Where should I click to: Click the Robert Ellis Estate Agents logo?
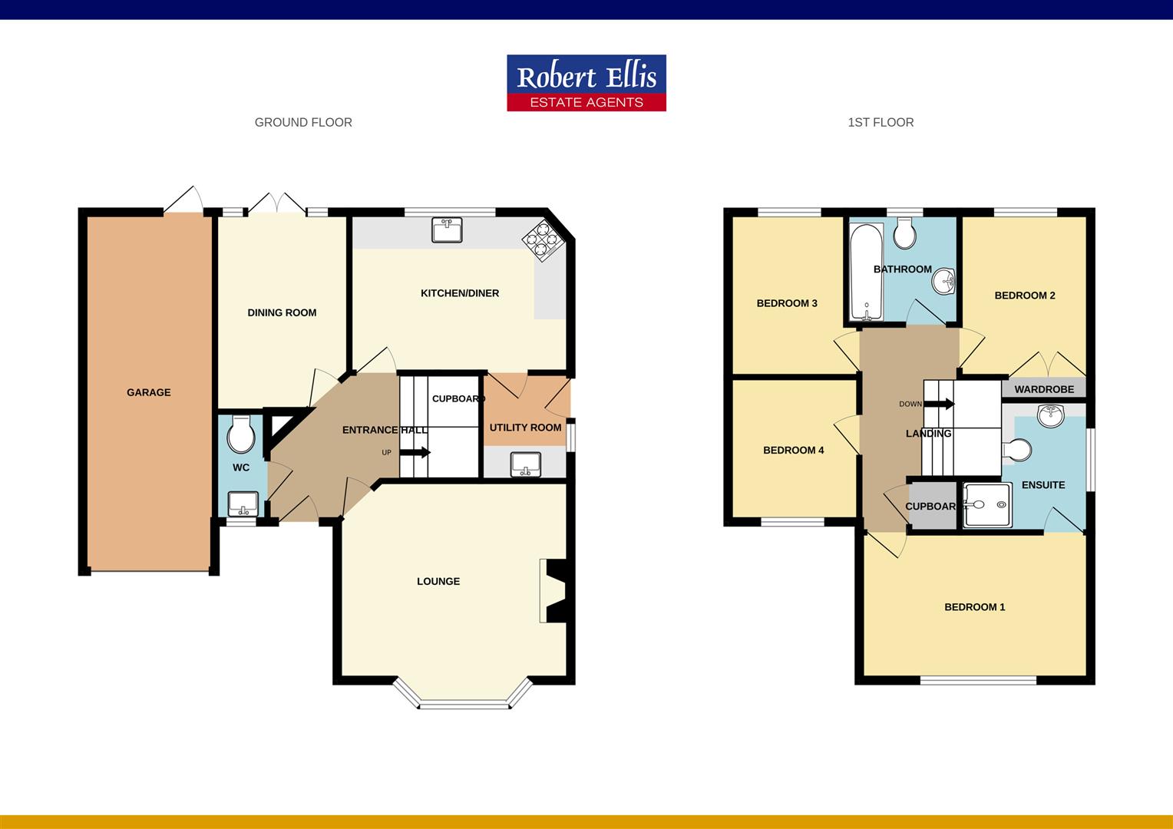pyautogui.click(x=586, y=83)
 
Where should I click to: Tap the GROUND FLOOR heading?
pyautogui.click(x=303, y=123)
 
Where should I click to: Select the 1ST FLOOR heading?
pyautogui.click(x=881, y=123)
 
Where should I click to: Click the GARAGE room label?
pyautogui.click(x=149, y=392)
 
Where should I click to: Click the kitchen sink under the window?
pyautogui.click(x=447, y=229)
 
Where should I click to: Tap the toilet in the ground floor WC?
pyautogui.click(x=241, y=435)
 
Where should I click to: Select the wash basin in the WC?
pyautogui.click(x=243, y=504)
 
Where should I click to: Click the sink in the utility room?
pyautogui.click(x=526, y=463)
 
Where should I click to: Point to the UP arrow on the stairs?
pyautogui.click(x=415, y=452)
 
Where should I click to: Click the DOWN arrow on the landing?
pyautogui.click(x=938, y=404)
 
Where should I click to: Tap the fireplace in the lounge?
pyautogui.click(x=554, y=590)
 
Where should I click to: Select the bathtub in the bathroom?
pyautogui.click(x=866, y=271)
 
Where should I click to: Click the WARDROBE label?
pyautogui.click(x=1044, y=389)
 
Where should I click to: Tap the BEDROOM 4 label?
pyautogui.click(x=793, y=451)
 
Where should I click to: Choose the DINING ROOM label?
pyautogui.click(x=282, y=312)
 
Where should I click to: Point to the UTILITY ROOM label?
pyautogui.click(x=525, y=428)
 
